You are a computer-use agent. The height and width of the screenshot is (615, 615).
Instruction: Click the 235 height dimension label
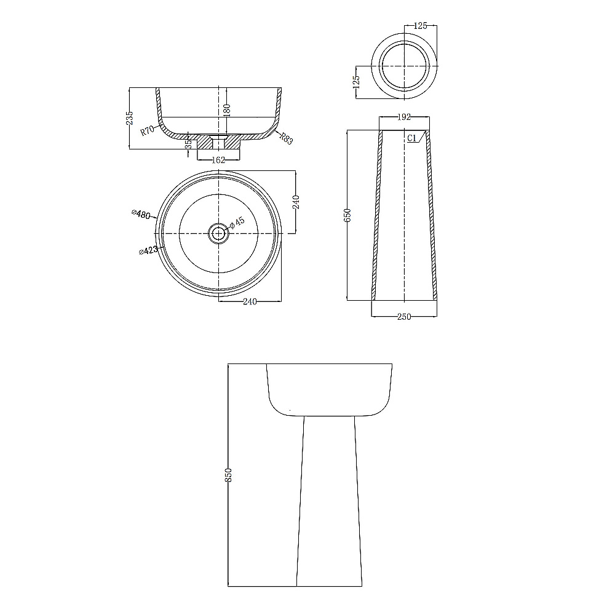tap(130, 118)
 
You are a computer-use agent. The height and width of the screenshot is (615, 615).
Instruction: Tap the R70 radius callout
tap(147, 130)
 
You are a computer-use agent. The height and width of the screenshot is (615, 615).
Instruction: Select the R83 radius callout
tap(287, 138)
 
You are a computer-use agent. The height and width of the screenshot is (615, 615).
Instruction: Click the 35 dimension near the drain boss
tap(189, 145)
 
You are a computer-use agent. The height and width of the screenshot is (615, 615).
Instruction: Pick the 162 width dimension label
tap(218, 160)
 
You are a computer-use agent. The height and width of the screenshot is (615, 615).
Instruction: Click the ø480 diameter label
tap(141, 214)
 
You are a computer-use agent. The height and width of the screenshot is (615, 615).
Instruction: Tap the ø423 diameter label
tap(148, 250)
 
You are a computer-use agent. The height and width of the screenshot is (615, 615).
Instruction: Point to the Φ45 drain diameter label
tap(237, 223)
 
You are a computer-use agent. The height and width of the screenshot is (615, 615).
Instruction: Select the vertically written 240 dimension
tap(296, 202)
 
